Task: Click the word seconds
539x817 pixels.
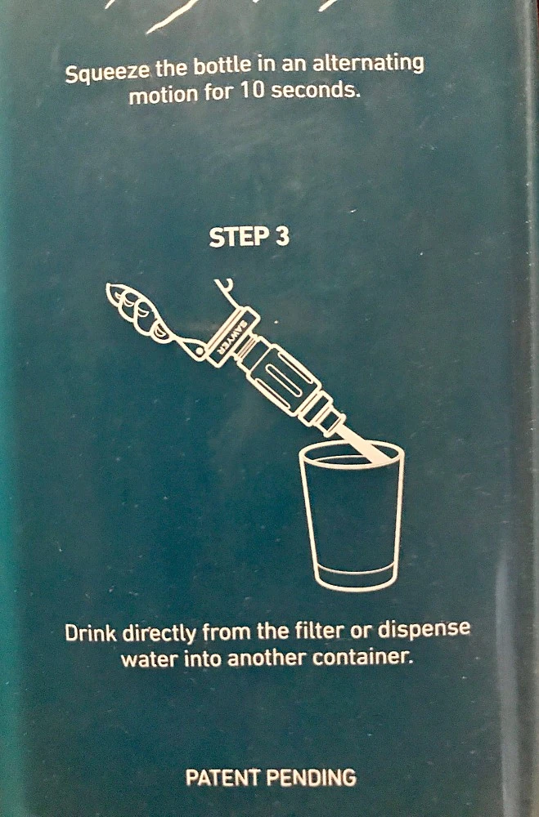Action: coord(316,91)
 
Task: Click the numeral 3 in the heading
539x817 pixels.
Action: coord(281,237)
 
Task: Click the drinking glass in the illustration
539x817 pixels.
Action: coord(352,516)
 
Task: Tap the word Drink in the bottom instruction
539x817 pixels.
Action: coord(92,633)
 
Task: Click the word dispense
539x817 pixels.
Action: coord(424,628)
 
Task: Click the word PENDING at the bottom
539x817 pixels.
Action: coord(312,778)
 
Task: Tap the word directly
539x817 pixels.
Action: coord(159,634)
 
